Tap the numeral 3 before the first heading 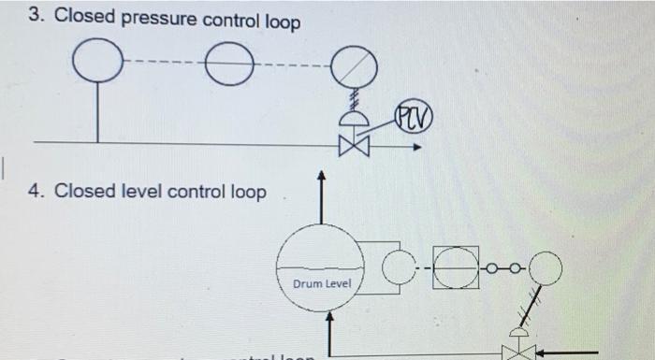click(x=35, y=16)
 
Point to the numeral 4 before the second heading click(x=36, y=191)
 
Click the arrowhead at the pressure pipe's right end click(x=418, y=146)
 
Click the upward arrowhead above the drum click(x=322, y=175)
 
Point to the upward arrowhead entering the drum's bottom click(x=329, y=318)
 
